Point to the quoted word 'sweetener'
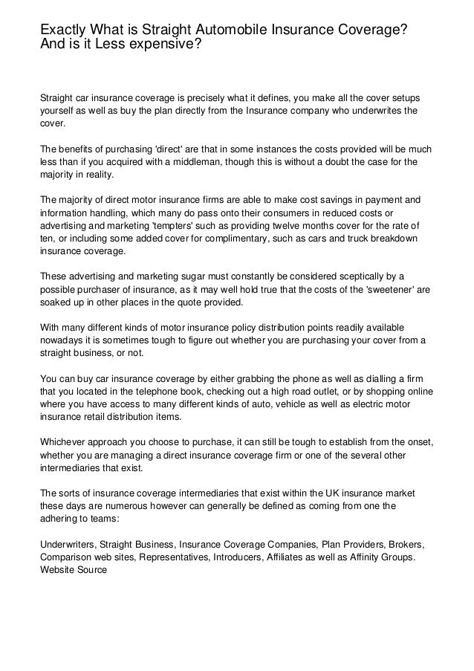click(x=386, y=290)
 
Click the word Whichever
click(x=63, y=443)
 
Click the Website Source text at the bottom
click(x=74, y=570)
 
